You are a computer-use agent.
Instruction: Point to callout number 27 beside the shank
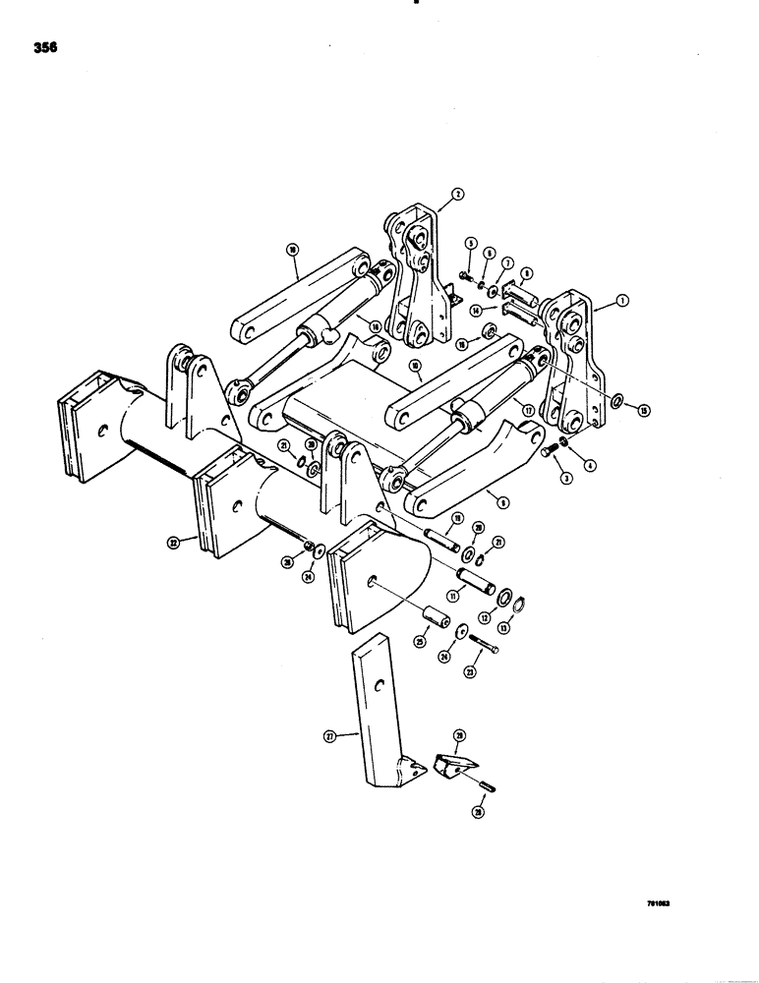(329, 734)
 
